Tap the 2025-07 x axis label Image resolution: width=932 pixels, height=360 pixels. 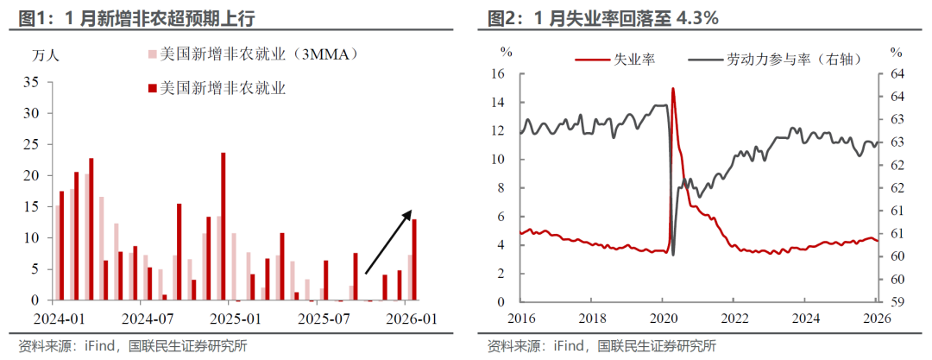[x=323, y=318]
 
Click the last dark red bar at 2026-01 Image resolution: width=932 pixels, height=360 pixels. [x=414, y=259]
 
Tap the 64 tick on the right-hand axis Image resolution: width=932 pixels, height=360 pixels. [x=897, y=73]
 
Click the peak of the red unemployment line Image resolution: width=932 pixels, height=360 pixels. [x=672, y=88]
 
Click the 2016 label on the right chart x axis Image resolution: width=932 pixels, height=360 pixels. [x=520, y=318]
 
